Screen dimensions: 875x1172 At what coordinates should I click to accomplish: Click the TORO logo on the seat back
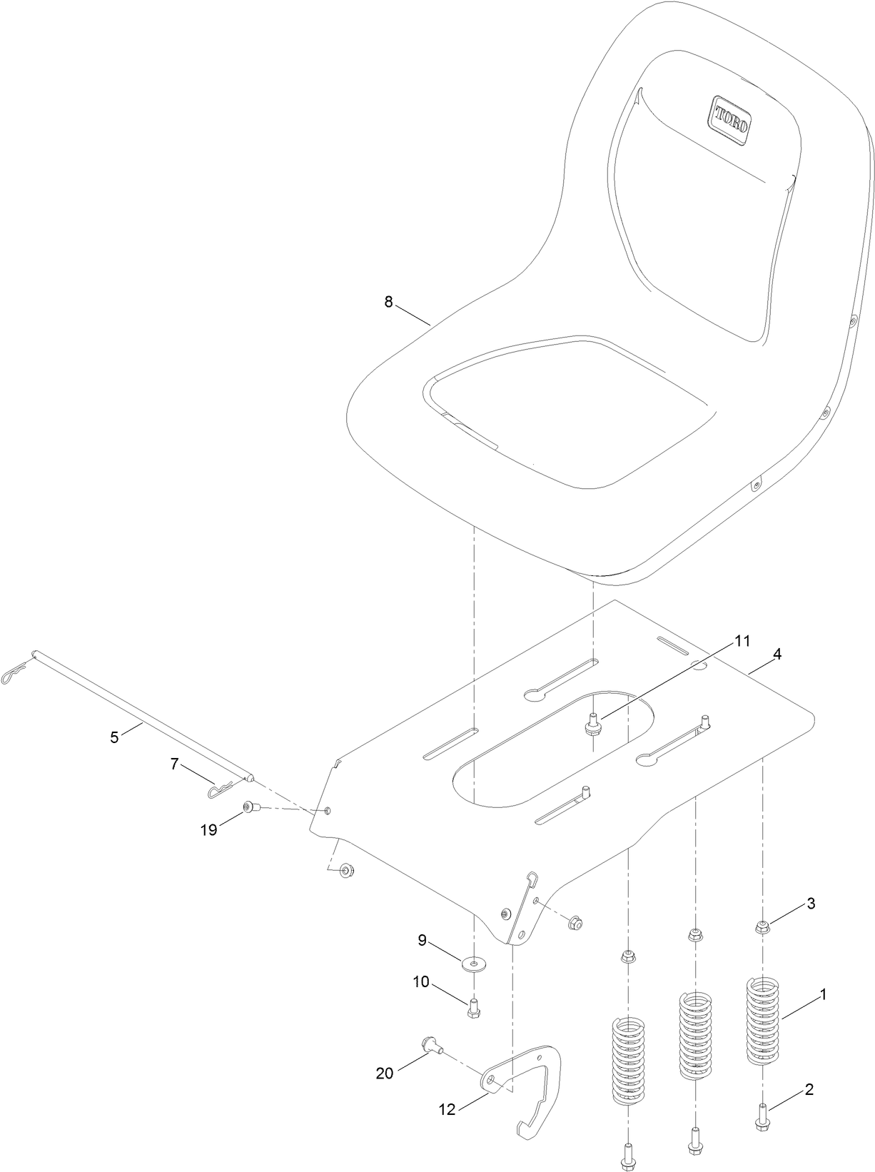click(730, 119)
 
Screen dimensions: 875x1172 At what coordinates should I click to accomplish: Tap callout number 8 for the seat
click(388, 302)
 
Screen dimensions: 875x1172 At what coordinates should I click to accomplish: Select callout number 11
click(742, 641)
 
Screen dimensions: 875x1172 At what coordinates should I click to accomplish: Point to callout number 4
click(777, 654)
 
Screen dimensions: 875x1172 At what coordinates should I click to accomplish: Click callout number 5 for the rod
click(115, 737)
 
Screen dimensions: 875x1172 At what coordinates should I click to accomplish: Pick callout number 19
click(208, 831)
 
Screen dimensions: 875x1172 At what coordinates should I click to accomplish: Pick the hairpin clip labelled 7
click(221, 790)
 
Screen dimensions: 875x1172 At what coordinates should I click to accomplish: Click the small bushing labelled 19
click(249, 807)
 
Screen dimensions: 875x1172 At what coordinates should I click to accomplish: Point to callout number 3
click(811, 903)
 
